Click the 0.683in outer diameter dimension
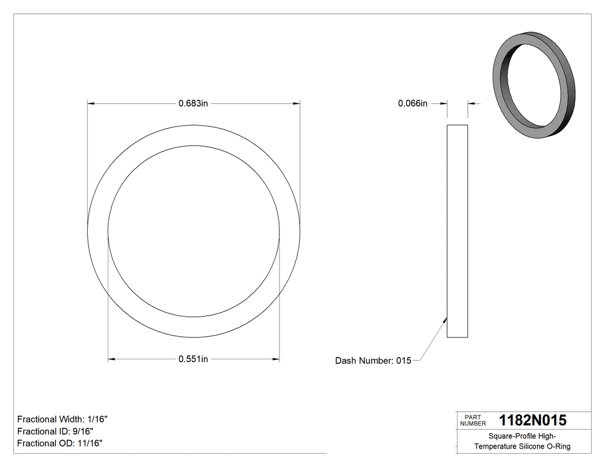[193, 104]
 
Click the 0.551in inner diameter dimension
[193, 359]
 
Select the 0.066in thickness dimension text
[413, 104]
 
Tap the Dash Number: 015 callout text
[373, 361]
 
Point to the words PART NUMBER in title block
[472, 420]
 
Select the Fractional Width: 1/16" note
[62, 420]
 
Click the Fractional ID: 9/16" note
[55, 431]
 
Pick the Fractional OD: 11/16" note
[60, 443]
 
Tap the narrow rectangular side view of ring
[457, 230]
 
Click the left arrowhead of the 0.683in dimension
[90, 104]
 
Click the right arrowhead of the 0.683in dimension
[297, 104]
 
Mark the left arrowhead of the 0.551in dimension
[112, 360]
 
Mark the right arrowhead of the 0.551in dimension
[276, 360]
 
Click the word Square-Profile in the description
[510, 436]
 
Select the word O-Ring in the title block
[558, 446]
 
